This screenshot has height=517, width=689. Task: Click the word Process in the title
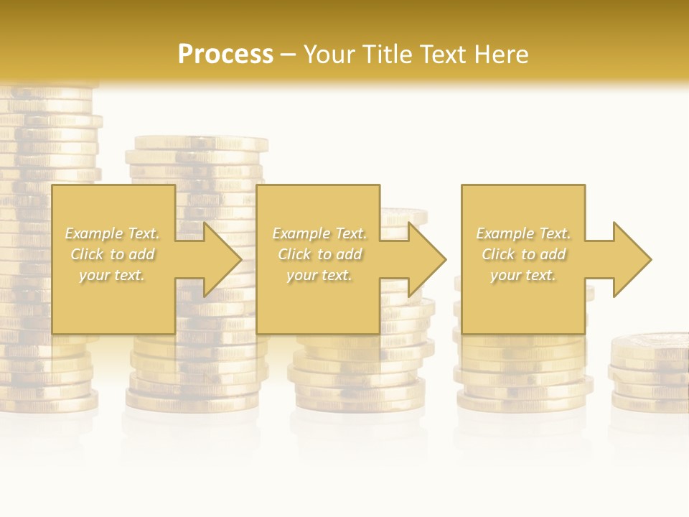click(x=225, y=55)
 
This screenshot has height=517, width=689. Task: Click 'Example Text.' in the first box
click(x=113, y=233)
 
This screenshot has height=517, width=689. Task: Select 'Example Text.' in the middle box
click(x=319, y=233)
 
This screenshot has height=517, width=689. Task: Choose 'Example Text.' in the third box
click(x=523, y=233)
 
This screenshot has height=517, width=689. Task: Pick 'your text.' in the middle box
click(x=319, y=275)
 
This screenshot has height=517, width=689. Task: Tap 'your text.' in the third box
click(x=522, y=275)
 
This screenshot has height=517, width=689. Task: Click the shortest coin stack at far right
click(x=650, y=373)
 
